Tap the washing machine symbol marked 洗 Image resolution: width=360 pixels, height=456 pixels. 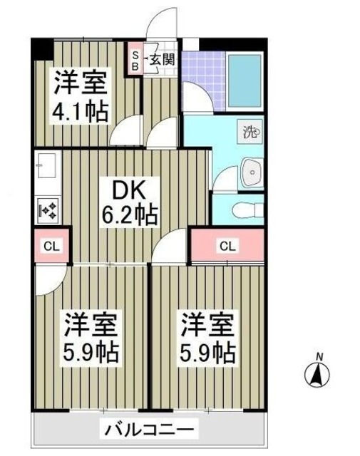[x=250, y=131]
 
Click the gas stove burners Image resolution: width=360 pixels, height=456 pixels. [x=48, y=209]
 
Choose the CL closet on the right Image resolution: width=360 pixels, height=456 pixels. [x=227, y=247]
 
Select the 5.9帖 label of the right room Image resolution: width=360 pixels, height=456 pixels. [x=207, y=351]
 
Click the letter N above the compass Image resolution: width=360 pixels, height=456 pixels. [x=320, y=356]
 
